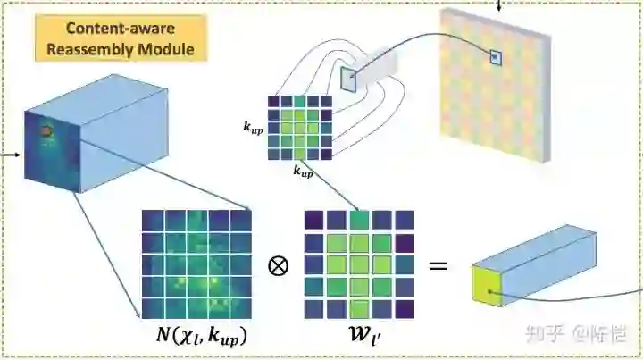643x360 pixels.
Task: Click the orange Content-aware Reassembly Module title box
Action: coord(121,37)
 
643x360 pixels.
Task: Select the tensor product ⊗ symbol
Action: coord(278,265)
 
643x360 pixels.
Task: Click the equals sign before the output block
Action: coord(439,265)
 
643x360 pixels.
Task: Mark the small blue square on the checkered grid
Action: coord(496,58)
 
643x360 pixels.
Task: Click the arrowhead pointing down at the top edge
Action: coord(499,6)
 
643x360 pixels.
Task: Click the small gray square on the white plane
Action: coord(347,80)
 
